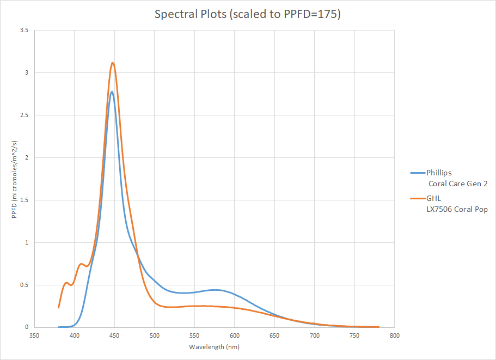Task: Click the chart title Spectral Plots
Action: (x=248, y=14)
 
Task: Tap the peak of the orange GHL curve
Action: (x=113, y=63)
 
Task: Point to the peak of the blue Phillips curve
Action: (x=112, y=91)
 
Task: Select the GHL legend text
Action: (x=434, y=199)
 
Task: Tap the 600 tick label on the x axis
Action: (x=234, y=335)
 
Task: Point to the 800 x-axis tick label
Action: (x=394, y=335)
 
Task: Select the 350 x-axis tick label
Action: (x=34, y=335)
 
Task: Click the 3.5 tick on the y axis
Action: (x=24, y=30)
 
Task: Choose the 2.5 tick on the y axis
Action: (x=24, y=115)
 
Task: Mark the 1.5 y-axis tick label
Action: (x=24, y=200)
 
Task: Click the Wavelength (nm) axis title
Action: (x=214, y=347)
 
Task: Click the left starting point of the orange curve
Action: (x=59, y=307)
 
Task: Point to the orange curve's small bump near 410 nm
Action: (x=81, y=264)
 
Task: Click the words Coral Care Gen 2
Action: (x=458, y=184)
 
